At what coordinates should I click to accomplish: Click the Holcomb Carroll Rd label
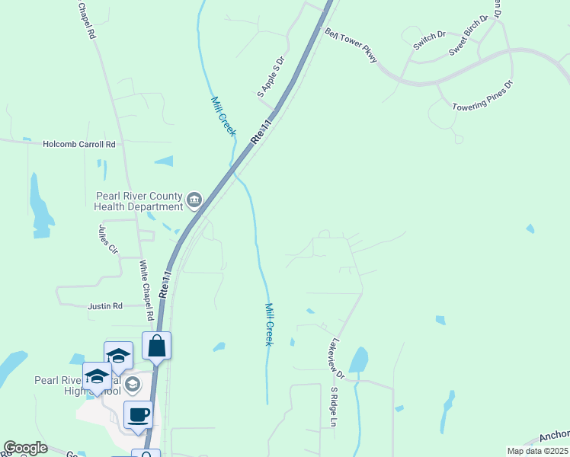pos(79,144)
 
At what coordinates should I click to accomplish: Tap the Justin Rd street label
pos(105,306)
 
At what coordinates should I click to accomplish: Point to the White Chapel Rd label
pos(146,290)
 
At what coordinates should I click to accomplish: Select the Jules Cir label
pos(108,238)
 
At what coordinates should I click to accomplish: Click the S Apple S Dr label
pos(271,77)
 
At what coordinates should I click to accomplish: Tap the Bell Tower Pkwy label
pos(351,46)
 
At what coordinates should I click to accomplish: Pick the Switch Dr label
pos(429,40)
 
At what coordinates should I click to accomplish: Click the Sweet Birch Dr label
pos(468,36)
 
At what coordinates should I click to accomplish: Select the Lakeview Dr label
pos(336,359)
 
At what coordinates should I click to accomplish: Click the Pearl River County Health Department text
pos(139,200)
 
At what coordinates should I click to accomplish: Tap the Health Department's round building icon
pos(194,200)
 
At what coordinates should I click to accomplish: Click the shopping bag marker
pos(156,347)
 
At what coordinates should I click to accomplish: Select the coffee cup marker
pos(138,415)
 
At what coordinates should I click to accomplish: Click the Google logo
pos(25,448)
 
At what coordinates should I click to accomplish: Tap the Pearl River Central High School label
pos(77,385)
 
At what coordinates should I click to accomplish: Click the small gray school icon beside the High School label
pos(133,384)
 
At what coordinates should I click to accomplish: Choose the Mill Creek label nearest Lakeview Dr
pos(268,324)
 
